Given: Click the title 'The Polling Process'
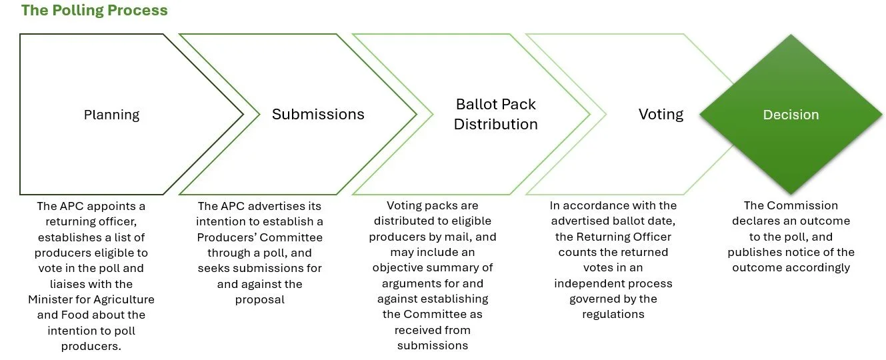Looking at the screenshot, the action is (94, 11).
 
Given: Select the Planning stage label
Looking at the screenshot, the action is (111, 115).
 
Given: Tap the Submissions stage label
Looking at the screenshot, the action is (318, 114).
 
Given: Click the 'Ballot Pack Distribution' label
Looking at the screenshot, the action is (495, 114).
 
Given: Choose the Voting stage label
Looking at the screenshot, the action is (661, 114).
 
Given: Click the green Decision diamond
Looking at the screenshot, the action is (791, 115).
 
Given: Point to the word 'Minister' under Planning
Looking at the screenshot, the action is (51, 299).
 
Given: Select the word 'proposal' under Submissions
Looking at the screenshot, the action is (259, 299).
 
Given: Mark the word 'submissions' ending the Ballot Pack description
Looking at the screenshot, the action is (433, 345).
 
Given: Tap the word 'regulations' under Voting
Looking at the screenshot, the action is (613, 315).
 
